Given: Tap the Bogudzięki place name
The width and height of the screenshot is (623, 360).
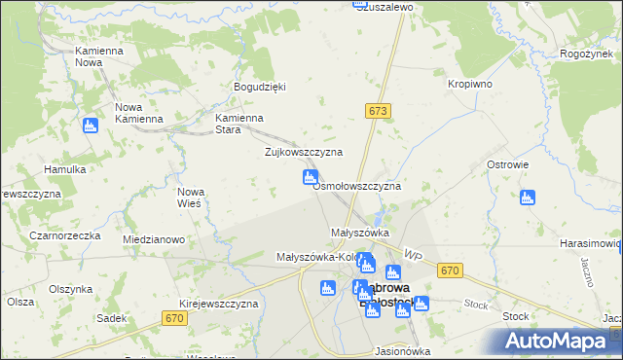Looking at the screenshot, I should click(259, 87).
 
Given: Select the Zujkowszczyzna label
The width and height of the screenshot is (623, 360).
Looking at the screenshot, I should click(304, 153).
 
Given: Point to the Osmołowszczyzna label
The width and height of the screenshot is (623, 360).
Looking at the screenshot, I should click(356, 185).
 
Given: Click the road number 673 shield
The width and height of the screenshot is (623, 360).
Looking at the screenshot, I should click(379, 112).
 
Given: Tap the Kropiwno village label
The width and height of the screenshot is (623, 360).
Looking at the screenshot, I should click(469, 84).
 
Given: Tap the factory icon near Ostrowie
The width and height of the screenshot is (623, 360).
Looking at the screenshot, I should click(528, 198).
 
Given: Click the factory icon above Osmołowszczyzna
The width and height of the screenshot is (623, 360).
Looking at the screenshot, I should click(310, 176).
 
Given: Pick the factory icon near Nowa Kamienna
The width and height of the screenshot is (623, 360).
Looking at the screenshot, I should click(91, 125).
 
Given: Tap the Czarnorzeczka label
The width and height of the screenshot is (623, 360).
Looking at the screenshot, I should click(65, 235).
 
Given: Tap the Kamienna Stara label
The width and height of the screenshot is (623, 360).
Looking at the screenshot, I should click(239, 124).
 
